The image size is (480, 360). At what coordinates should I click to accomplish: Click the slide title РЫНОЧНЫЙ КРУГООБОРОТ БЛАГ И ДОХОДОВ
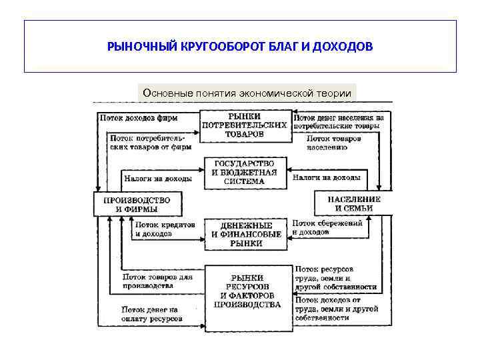point(240,47)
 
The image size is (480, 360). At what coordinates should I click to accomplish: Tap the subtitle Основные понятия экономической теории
point(247,93)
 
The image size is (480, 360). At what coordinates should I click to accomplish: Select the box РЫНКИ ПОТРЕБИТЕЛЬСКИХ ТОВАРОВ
point(245,125)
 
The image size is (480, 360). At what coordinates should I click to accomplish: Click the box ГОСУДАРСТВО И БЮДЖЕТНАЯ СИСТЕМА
point(245,172)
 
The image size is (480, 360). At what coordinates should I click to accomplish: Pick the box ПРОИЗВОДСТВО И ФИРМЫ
point(137,204)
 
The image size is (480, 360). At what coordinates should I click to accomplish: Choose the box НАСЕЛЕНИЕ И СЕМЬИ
point(353,203)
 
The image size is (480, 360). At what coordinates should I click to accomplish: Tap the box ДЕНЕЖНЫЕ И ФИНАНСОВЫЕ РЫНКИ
point(245,235)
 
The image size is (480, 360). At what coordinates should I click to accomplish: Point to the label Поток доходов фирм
point(138,118)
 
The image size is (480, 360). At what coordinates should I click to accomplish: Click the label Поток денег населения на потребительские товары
point(338,121)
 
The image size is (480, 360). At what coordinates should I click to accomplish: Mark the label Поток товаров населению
point(335,143)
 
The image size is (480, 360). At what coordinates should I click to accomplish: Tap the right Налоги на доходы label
point(327,178)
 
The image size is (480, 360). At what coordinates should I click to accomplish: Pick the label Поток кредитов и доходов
point(165,229)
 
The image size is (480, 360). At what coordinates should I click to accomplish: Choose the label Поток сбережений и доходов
point(327,228)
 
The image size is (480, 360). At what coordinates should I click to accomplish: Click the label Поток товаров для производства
point(157,281)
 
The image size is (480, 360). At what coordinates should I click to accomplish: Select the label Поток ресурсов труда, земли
point(335,277)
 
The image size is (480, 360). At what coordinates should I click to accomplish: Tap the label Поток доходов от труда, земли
point(335,309)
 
